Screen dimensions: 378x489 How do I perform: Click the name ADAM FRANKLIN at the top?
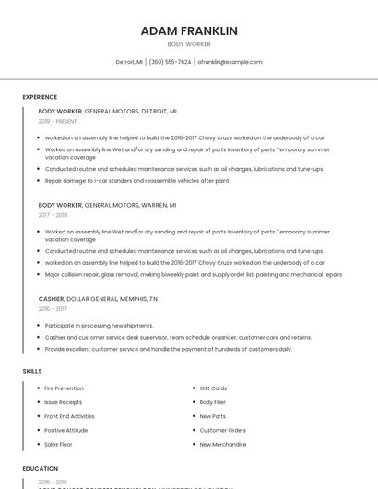coord(189,31)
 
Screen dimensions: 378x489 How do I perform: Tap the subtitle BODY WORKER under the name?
coord(189,44)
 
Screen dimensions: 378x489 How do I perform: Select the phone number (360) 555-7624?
coord(170,62)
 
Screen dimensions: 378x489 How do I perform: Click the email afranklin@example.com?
coord(230,62)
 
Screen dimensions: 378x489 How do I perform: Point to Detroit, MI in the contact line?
coord(129,62)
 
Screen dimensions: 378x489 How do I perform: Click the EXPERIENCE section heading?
coord(40,97)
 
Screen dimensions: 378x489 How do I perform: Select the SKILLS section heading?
coord(32,371)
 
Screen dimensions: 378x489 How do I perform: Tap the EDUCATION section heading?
coord(41,469)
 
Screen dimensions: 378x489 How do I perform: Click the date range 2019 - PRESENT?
coord(58,121)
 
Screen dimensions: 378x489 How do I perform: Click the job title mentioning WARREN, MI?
coord(107,205)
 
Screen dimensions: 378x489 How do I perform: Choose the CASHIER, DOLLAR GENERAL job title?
coord(98,299)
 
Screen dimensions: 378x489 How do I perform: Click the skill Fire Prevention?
coord(64,388)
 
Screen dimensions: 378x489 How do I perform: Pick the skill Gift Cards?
coord(213,388)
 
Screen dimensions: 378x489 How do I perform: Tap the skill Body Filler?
coord(213,402)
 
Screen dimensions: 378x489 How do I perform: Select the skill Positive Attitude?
coord(66,430)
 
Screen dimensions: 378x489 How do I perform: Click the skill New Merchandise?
coord(223,444)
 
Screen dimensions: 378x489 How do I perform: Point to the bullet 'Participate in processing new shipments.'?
coord(100,326)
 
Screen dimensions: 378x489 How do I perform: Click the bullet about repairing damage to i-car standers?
coord(137,181)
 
